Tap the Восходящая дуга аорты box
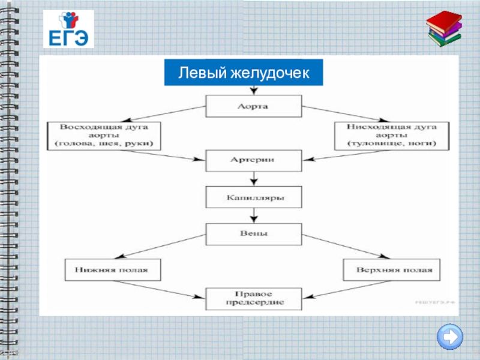tap(104, 136)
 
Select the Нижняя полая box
tap(114, 269)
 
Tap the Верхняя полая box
tap(392, 269)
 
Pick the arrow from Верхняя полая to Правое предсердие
tap(348, 287)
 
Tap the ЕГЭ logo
tap(68, 29)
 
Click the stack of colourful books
tap(445, 29)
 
